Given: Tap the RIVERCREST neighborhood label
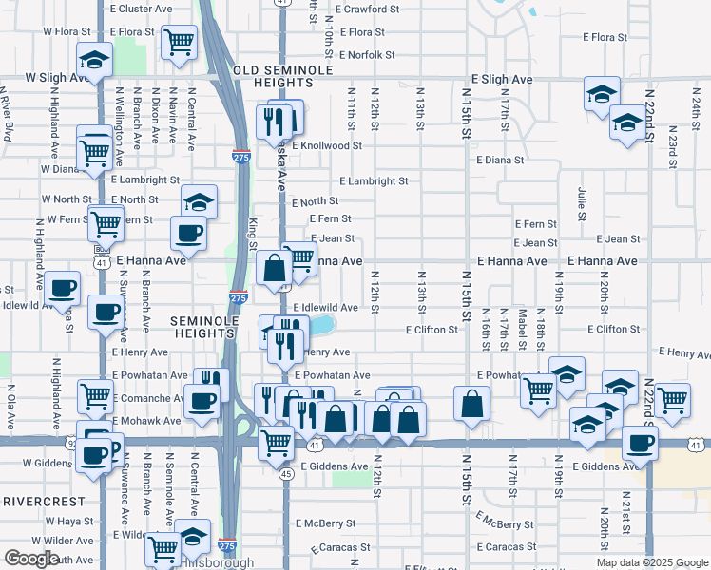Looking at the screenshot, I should (x=46, y=500).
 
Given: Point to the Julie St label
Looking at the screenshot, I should (x=581, y=203).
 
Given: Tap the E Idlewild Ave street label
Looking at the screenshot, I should (x=325, y=308).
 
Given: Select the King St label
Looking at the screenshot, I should (x=253, y=235).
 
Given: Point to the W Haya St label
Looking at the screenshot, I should (x=67, y=522).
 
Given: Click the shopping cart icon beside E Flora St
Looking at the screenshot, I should (x=179, y=41).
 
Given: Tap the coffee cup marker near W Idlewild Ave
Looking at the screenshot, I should (x=64, y=288).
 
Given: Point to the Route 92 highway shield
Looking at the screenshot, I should (x=71, y=443).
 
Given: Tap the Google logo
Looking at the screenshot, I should (x=31, y=559).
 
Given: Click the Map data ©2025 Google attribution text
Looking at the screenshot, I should (x=651, y=562).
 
